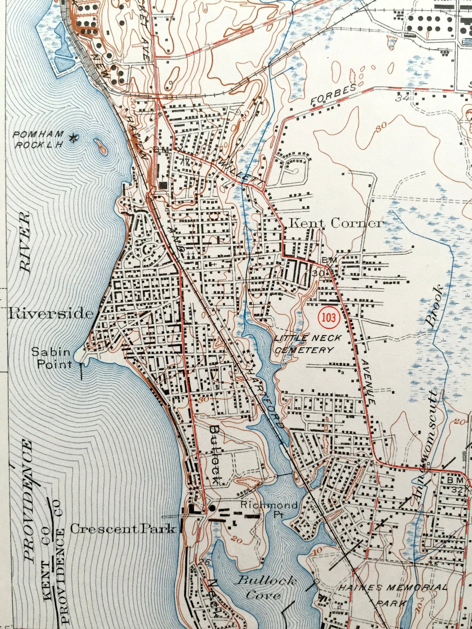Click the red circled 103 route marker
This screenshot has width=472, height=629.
pyautogui.click(x=329, y=317)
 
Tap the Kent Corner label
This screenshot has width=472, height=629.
pyautogui.click(x=335, y=223)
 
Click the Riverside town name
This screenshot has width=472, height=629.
pyautogui.click(x=50, y=314)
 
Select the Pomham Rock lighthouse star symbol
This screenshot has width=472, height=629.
pyautogui.click(x=74, y=138)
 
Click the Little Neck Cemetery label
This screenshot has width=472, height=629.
pyautogui.click(x=304, y=344)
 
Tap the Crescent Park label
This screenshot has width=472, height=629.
pyautogui.click(x=122, y=528)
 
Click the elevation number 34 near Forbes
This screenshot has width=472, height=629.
pyautogui.click(x=401, y=97)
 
